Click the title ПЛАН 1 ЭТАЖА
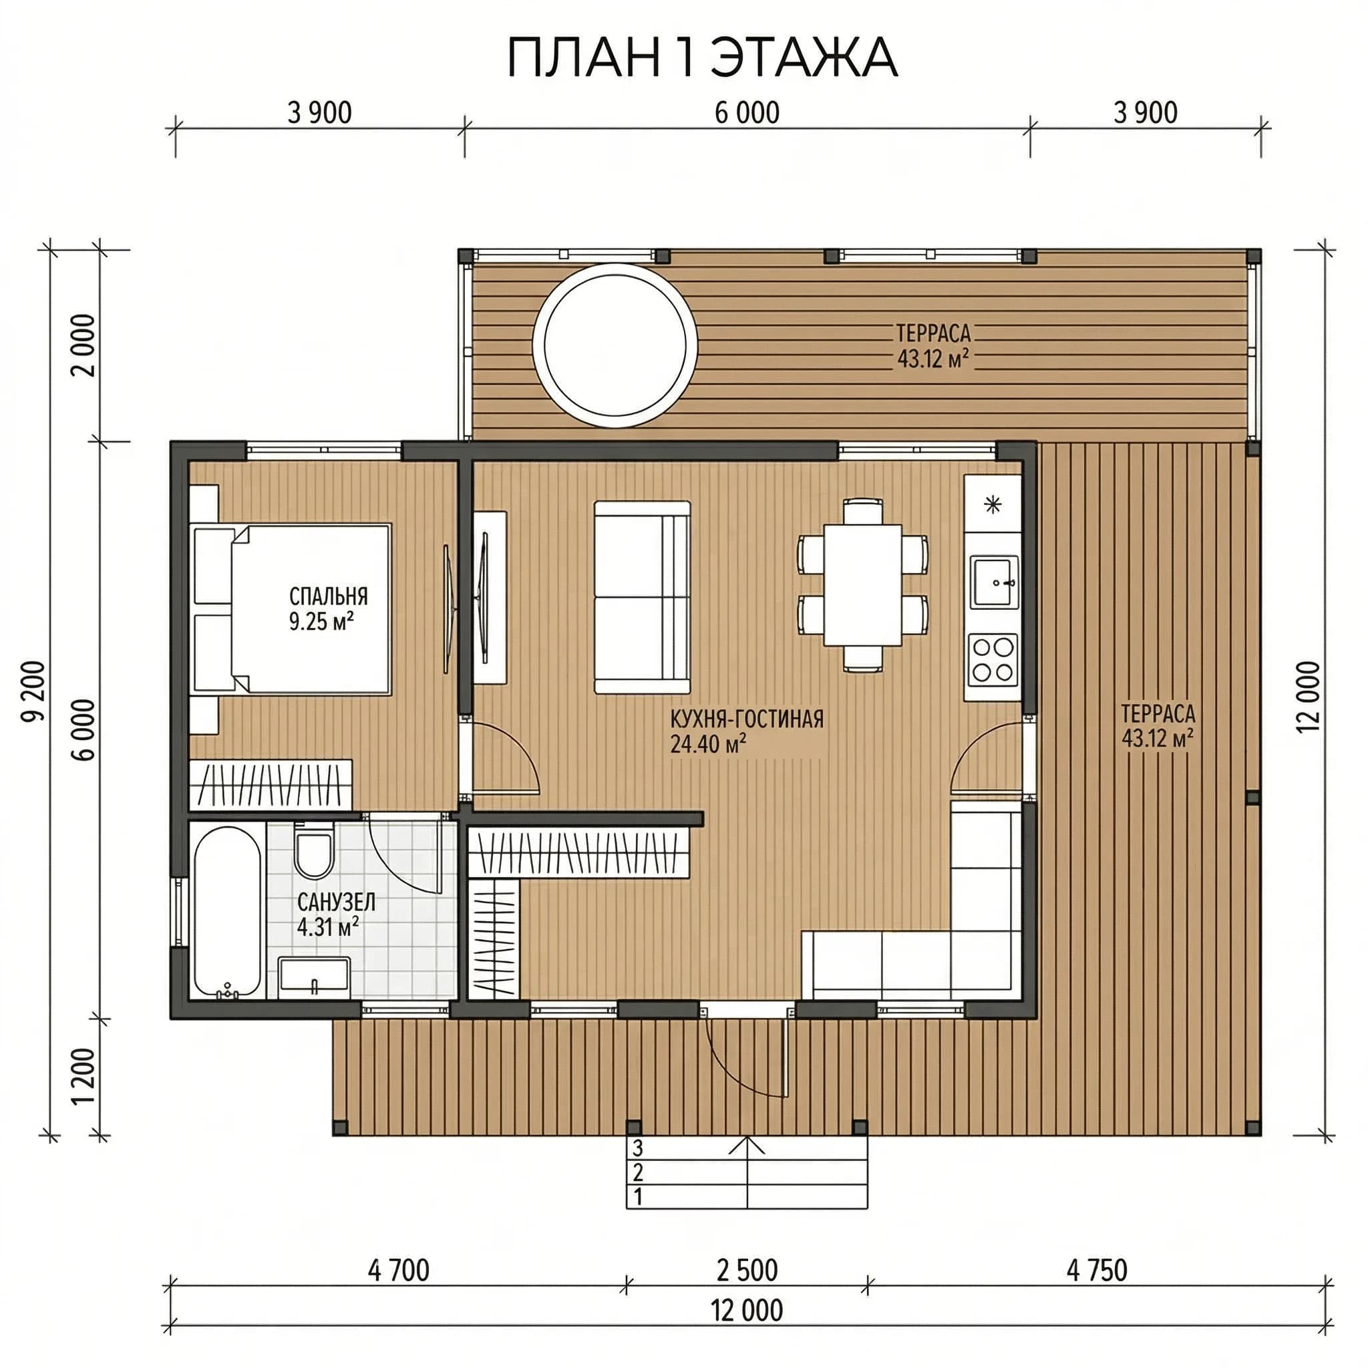click(702, 58)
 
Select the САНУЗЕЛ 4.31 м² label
click(335, 914)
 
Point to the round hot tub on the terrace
click(615, 345)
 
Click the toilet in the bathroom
click(314, 852)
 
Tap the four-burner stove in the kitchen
click(993, 659)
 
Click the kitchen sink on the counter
click(993, 582)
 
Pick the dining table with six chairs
click(862, 585)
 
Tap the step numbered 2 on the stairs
click(747, 1172)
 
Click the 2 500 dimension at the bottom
click(747, 1270)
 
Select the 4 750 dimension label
click(1097, 1270)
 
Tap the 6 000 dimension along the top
click(747, 114)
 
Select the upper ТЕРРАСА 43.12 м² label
click(932, 346)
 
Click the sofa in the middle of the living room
click(641, 597)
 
